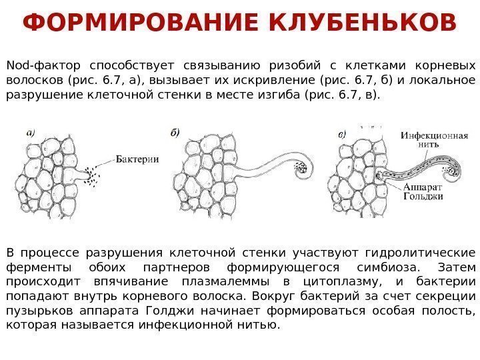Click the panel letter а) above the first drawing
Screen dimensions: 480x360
[x=31, y=132]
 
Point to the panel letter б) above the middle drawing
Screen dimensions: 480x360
[x=175, y=132]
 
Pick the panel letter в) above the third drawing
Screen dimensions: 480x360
[x=342, y=133]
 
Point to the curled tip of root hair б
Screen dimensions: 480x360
[x=302, y=167]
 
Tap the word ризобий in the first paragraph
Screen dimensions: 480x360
[x=293, y=65]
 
